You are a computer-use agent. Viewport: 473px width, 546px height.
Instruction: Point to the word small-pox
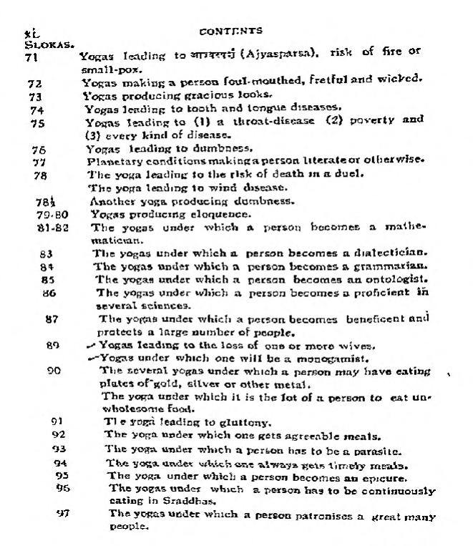point(99,69)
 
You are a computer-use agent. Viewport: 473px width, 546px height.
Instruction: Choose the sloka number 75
point(37,122)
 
